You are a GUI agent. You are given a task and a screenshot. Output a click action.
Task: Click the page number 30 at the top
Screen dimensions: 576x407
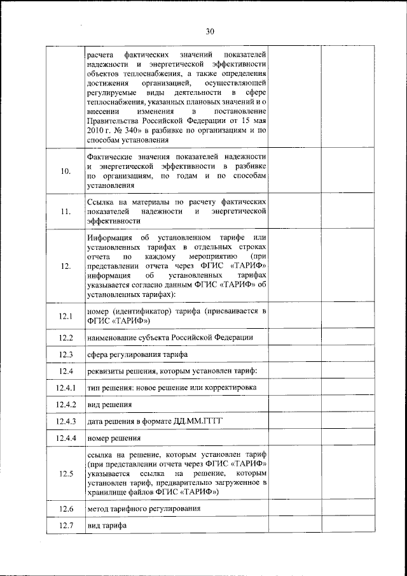click(210, 31)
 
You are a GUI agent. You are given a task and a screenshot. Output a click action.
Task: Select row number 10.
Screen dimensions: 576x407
click(66, 171)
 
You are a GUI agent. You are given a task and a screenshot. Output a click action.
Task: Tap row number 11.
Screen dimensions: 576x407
click(66, 213)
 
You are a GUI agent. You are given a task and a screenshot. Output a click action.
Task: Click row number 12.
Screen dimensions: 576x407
click(66, 267)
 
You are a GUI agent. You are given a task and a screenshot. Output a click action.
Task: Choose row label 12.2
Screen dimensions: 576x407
click(66, 338)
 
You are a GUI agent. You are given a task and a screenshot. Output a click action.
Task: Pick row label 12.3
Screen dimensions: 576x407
click(66, 354)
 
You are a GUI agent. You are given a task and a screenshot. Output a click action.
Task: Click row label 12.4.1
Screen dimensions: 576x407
click(66, 388)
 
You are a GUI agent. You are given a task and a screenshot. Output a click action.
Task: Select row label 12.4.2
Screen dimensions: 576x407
click(66, 405)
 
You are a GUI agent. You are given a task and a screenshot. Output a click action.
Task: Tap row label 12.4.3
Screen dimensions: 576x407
click(66, 421)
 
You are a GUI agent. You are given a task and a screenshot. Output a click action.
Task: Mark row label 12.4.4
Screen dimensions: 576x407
click(66, 438)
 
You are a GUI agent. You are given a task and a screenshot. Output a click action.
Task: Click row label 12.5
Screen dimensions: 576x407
click(66, 474)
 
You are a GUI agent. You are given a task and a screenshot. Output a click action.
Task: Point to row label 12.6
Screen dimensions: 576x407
click(66, 509)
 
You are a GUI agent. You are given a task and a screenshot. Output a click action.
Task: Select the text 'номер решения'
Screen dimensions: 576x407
click(113, 438)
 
